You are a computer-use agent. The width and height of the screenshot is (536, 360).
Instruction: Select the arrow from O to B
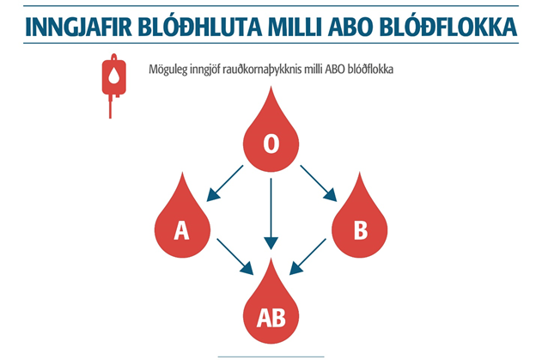[x=318, y=183]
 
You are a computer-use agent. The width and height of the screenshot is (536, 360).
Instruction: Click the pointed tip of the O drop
[x=271, y=90]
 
